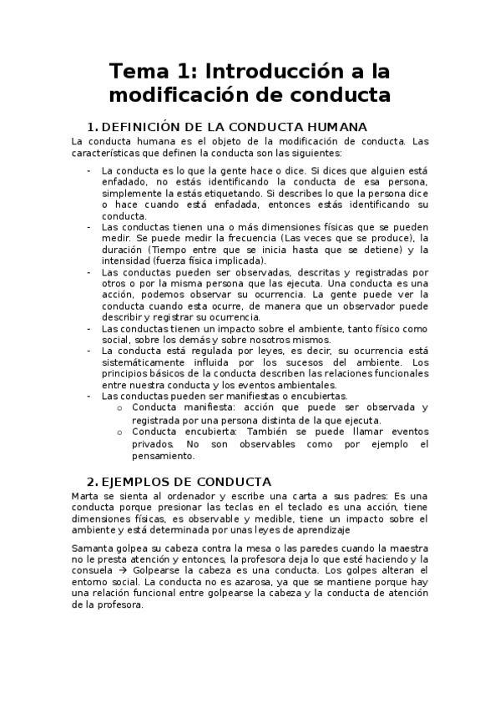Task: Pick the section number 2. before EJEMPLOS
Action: (x=92, y=482)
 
